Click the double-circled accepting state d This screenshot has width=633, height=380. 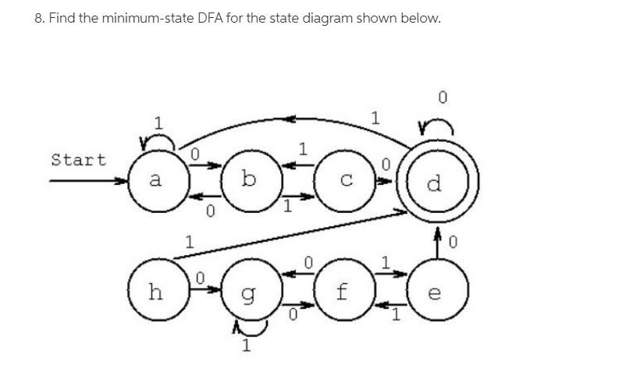point(436,184)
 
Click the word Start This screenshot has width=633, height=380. point(78,160)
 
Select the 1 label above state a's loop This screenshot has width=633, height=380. point(158,123)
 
